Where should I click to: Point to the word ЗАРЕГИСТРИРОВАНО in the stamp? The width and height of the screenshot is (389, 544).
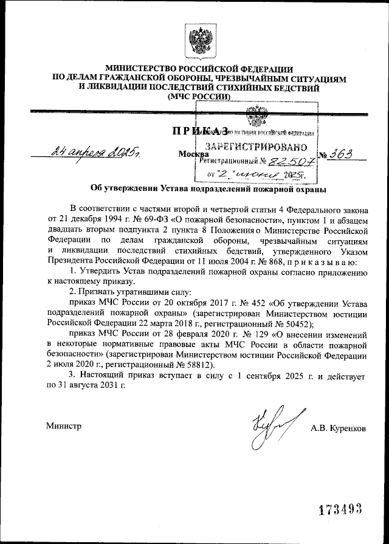pos(255,147)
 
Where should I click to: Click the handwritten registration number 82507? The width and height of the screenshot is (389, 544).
pos(291,161)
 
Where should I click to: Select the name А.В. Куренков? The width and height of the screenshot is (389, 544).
pos(338,428)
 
